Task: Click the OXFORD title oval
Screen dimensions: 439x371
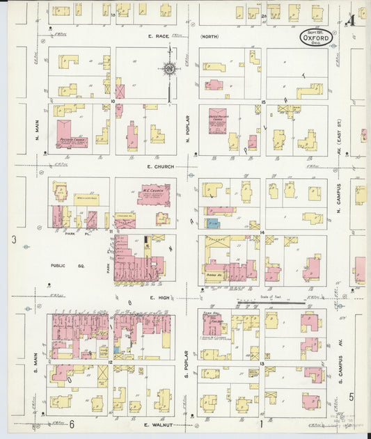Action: pos(316,36)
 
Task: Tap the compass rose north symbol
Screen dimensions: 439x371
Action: pos(169,69)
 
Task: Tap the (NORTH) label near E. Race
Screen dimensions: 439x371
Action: pos(209,36)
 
